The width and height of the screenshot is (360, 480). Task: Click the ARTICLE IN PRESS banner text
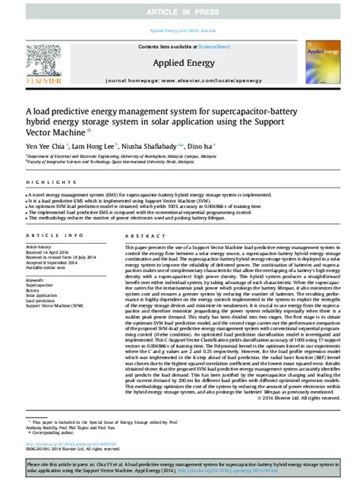180,12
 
